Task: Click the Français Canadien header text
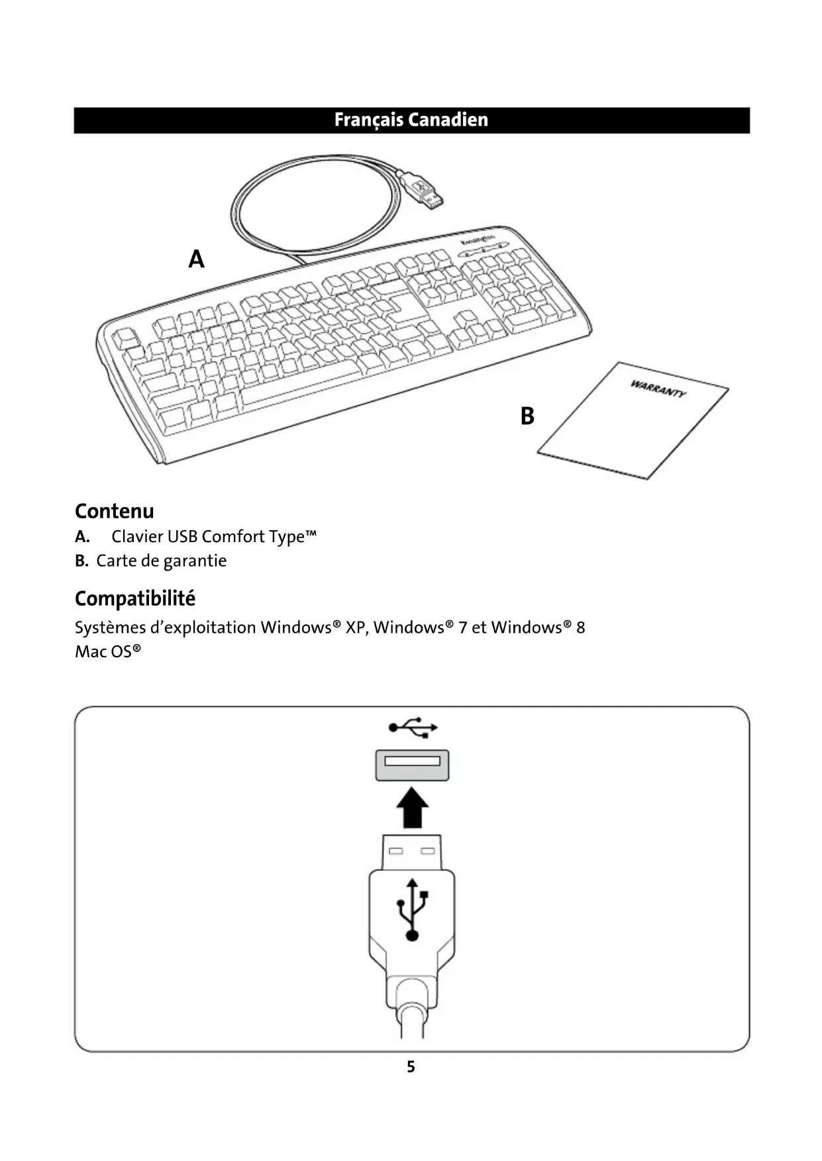click(x=411, y=120)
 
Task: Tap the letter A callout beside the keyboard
click(x=196, y=259)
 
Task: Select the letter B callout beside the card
click(x=527, y=416)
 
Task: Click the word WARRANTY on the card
click(x=658, y=389)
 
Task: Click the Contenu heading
click(x=114, y=511)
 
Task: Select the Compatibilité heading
click(x=134, y=598)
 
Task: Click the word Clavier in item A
click(x=136, y=536)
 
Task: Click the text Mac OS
click(x=107, y=651)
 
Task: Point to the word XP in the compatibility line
click(x=356, y=627)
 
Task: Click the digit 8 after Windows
click(x=580, y=627)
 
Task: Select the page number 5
click(x=411, y=1066)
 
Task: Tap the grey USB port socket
click(x=412, y=765)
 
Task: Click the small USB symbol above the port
click(x=412, y=727)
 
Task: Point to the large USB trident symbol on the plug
click(x=412, y=909)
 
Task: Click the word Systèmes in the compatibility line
click(x=110, y=627)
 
